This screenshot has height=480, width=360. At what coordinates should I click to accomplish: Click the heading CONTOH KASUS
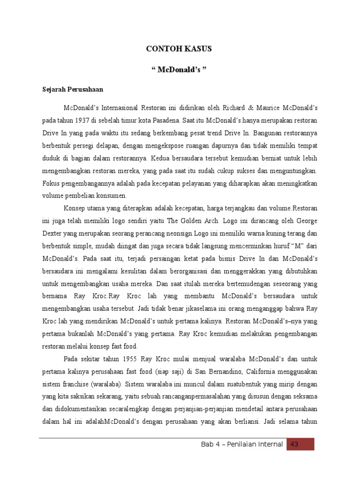click(180, 49)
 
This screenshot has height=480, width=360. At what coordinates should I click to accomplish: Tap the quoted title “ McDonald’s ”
click(180, 70)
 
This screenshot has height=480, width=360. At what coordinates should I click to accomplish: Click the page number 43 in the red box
click(295, 444)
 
